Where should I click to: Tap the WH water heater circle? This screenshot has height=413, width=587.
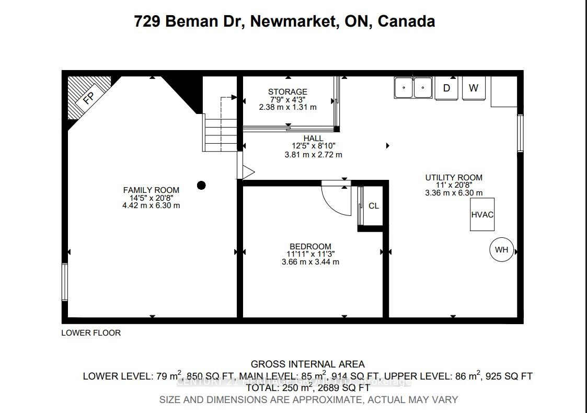coord(502,250)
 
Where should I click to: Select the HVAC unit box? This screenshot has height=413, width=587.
coord(482,214)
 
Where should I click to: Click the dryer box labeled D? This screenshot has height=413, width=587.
coord(446,88)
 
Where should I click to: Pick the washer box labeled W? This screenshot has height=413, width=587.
coord(474,88)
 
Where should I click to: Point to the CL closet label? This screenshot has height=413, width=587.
coord(374,206)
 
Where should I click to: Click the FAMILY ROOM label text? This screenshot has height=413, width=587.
coord(151,190)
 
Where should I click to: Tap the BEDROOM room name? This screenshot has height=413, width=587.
coord(310,246)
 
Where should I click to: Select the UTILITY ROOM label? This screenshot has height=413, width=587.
coord(454,178)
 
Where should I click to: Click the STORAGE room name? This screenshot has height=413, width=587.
coord(287,92)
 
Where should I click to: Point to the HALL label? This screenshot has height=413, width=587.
coord(314,139)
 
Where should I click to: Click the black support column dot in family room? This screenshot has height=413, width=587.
coord(201,185)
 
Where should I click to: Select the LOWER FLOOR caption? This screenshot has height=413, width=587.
coord(91,333)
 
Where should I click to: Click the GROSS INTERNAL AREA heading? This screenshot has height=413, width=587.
coord(307,364)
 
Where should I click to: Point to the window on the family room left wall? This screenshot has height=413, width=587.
coord(65,282)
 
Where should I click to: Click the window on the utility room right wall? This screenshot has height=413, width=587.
coord(520,133)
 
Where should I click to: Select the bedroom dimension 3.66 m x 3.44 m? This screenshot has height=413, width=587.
coord(310,261)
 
